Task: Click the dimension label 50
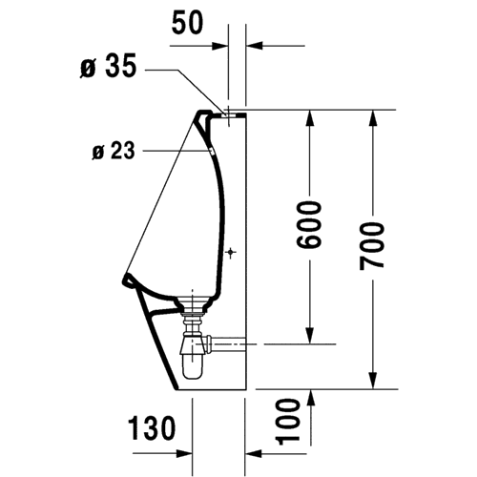pos(187,23)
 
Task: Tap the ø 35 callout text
pos(108,66)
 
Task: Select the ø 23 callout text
pos(114,151)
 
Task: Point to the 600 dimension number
pos(308,224)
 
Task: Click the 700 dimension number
pos(372,246)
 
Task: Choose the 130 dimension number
pos(152,427)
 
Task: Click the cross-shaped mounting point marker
pos(230,253)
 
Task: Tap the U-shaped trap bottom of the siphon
pos(192,369)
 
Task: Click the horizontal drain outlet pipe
pos(226,343)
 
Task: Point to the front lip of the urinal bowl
pos(128,280)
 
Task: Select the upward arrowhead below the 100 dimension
pos(311,398)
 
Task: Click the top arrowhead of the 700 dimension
pos(373,118)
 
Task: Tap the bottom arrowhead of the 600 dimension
pos(309,336)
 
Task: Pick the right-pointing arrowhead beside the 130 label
pos(184,453)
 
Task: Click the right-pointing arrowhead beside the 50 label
pos(220,46)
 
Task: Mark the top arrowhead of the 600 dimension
pos(309,118)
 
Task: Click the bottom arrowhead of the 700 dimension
pos(373,381)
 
